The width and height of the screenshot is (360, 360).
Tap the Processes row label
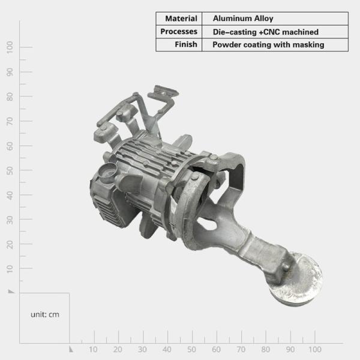(x=179, y=32)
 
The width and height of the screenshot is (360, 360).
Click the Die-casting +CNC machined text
(x=265, y=32)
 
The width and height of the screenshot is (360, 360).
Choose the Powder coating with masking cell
(x=268, y=45)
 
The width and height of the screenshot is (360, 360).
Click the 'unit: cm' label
(x=45, y=314)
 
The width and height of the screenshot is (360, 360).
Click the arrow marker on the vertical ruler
(x=11, y=291)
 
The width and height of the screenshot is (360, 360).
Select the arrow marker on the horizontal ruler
(x=71, y=349)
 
